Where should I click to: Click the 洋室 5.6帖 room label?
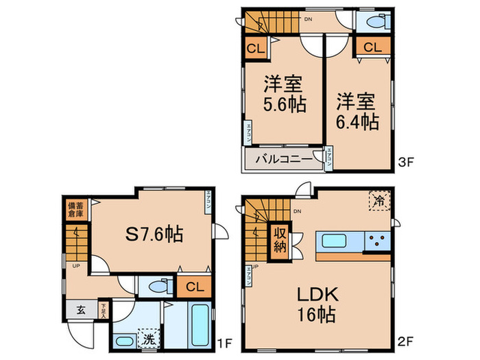click(283, 95)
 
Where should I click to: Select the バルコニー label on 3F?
click(280, 159)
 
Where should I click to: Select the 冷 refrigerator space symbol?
click(379, 200)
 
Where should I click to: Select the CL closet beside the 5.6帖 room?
click(254, 49)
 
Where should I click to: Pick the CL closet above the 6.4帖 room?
click(372, 47)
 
